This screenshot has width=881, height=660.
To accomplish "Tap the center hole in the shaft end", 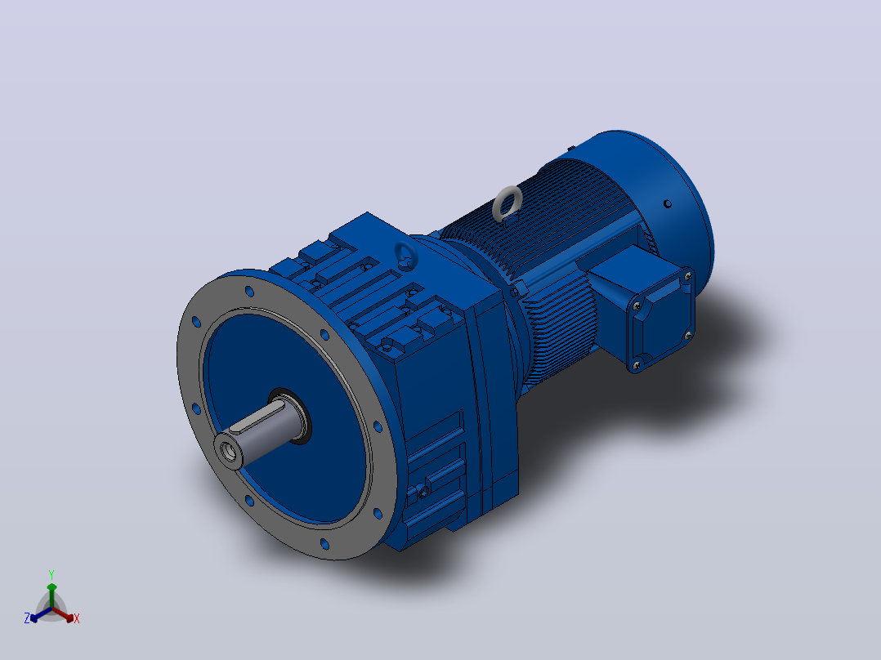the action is click(228, 451).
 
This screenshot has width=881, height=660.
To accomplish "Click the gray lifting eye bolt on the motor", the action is click(507, 203).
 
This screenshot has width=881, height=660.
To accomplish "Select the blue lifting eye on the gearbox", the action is click(405, 255).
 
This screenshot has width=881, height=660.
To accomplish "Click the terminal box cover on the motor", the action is click(662, 319).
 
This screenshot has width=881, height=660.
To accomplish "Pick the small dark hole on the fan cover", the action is click(668, 204).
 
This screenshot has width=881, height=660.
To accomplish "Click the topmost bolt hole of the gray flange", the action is click(249, 291).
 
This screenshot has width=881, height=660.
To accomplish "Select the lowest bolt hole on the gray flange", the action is click(324, 544).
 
